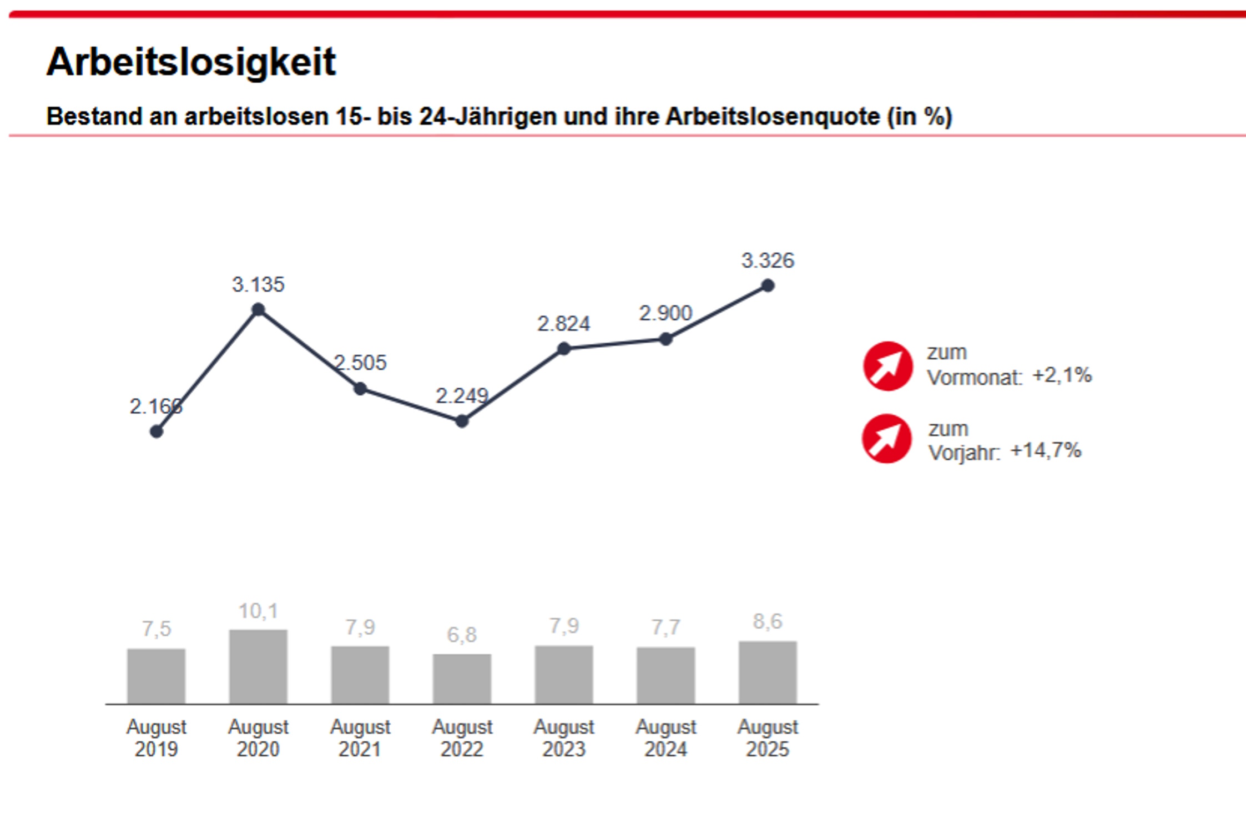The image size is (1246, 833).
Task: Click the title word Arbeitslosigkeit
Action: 191,62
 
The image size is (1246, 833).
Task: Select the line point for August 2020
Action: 258,310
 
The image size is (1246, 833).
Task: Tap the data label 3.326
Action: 768,260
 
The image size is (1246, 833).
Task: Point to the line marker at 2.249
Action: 462,421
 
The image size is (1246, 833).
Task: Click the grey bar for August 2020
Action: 258,666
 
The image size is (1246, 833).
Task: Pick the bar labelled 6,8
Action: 462,679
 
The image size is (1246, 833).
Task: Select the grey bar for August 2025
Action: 768,672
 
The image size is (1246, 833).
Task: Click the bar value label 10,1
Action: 258,611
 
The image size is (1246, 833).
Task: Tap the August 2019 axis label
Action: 157,737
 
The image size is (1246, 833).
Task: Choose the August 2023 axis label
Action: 564,737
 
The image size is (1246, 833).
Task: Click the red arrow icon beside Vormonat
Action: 887,366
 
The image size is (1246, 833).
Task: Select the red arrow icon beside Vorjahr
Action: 886,438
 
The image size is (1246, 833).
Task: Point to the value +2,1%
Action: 1062,375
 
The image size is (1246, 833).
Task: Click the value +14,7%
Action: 1046,450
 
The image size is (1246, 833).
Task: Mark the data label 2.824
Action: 563,324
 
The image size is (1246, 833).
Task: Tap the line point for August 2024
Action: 665,339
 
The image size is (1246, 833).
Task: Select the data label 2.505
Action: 360,363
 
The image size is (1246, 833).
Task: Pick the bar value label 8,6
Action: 768,621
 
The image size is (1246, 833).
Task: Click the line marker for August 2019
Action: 157,431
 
